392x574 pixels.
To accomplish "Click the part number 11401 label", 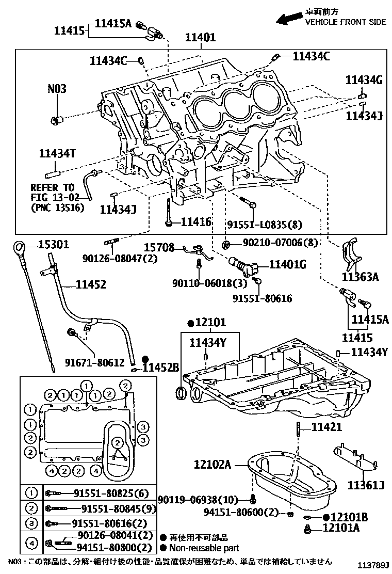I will pyautogui.click(x=201, y=38).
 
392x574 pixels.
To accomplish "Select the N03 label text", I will pyautogui.click(x=57, y=89).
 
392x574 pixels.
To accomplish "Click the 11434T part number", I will pyautogui.click(x=58, y=153).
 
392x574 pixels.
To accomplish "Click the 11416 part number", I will pyautogui.click(x=196, y=222).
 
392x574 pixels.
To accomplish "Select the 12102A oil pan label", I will pyautogui.click(x=213, y=464).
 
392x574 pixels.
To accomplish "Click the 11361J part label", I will pyautogui.click(x=366, y=486).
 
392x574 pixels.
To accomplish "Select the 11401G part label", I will pyautogui.click(x=287, y=265).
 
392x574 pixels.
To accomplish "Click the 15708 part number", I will pyautogui.click(x=159, y=248).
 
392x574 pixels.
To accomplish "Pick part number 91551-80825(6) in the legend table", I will pyautogui.click(x=107, y=492).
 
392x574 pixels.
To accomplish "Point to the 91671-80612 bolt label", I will pyautogui.click(x=94, y=363).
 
